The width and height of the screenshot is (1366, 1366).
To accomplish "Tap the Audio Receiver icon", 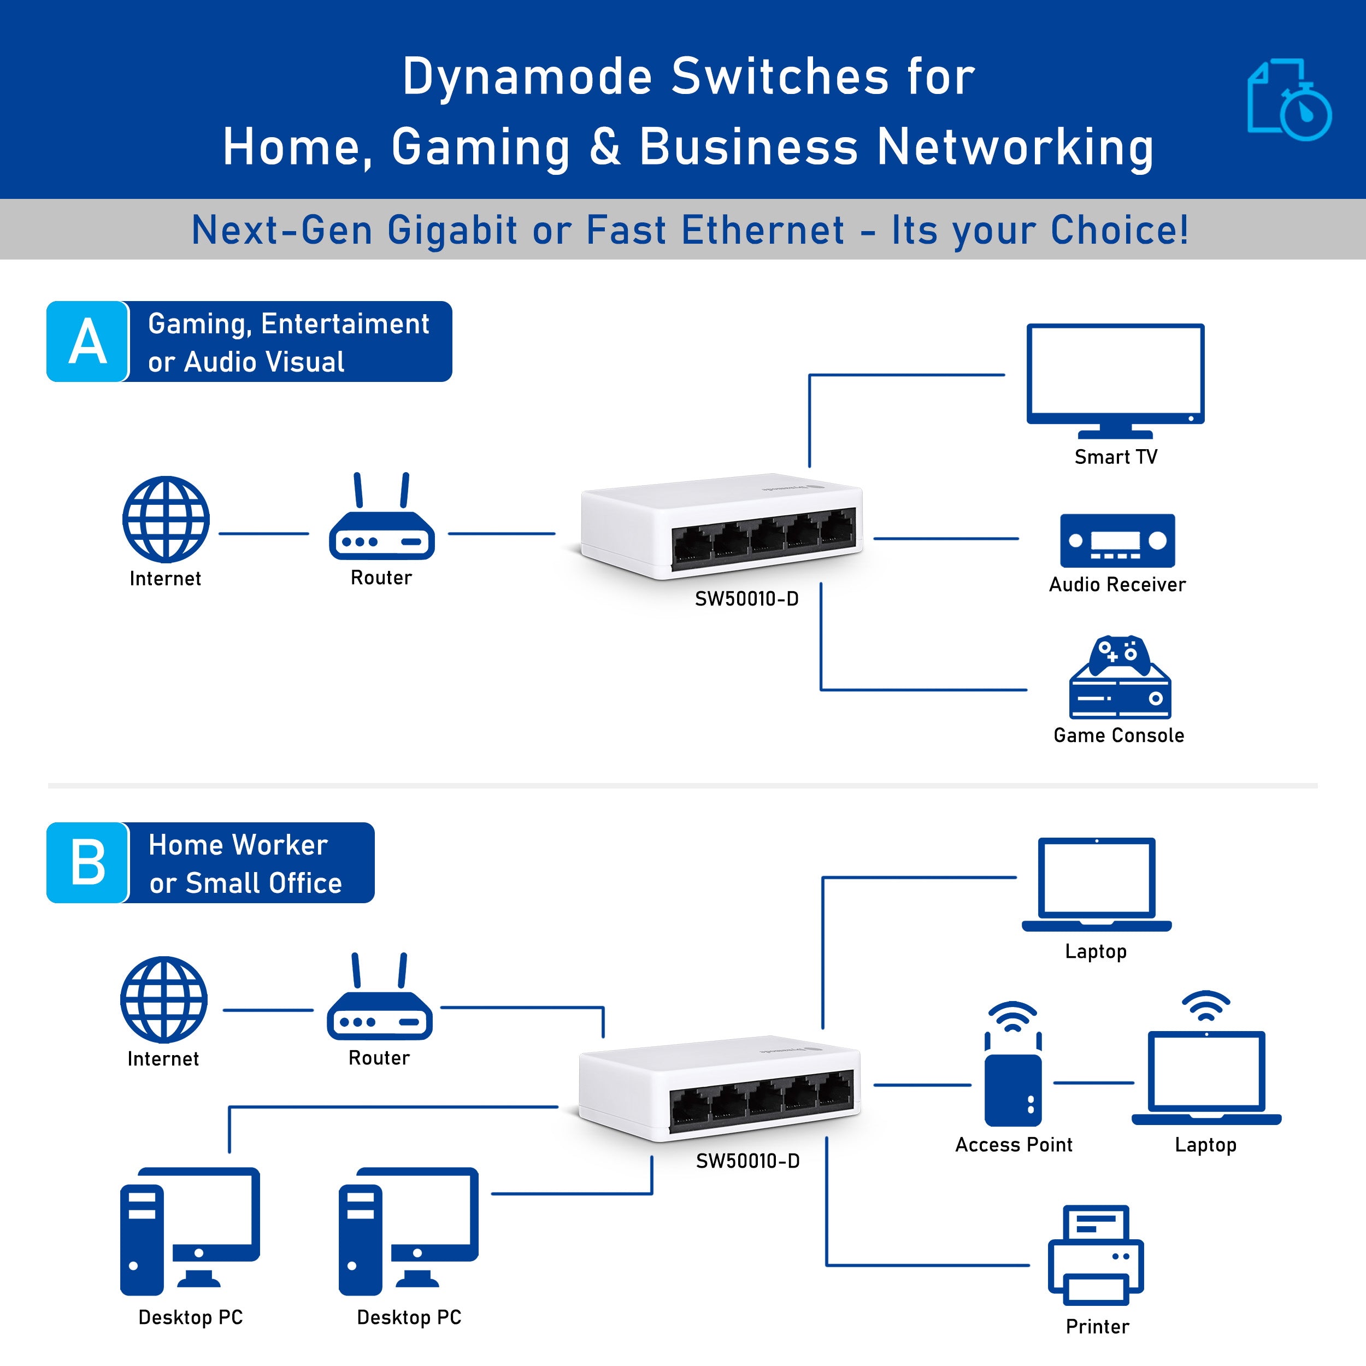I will (x=1117, y=540).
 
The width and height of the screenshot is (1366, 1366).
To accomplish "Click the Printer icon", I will (x=1096, y=1256).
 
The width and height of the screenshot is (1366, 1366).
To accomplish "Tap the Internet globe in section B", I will (x=164, y=999).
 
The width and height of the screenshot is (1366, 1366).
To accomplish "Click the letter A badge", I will (x=87, y=341).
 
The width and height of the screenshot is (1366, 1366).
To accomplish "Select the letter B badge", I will (x=87, y=863).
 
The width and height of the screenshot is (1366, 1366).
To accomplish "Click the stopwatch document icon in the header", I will (x=1288, y=99).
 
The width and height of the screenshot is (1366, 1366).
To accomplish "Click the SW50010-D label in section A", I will (x=746, y=599).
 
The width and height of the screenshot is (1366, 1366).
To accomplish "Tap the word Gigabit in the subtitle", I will (x=452, y=231).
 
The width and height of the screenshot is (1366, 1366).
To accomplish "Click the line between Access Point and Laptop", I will (x=1093, y=1082).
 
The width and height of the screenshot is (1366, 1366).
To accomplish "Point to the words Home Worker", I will (x=238, y=845).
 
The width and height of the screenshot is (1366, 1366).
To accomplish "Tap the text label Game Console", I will (x=1118, y=735).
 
